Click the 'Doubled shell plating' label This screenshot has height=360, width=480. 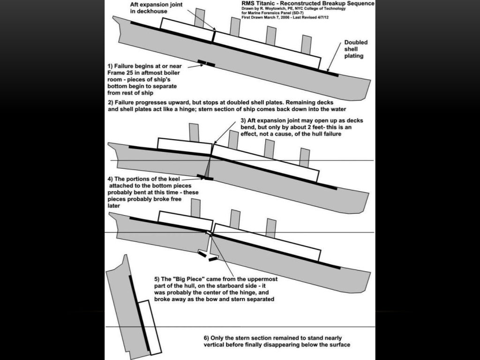pyautogui.click(x=356, y=49)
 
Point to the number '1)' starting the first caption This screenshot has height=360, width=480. pyautogui.click(x=111, y=66)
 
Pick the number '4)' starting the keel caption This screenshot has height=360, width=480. pyautogui.click(x=111, y=179)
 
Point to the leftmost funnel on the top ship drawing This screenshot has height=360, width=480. pyautogui.click(x=200, y=17)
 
